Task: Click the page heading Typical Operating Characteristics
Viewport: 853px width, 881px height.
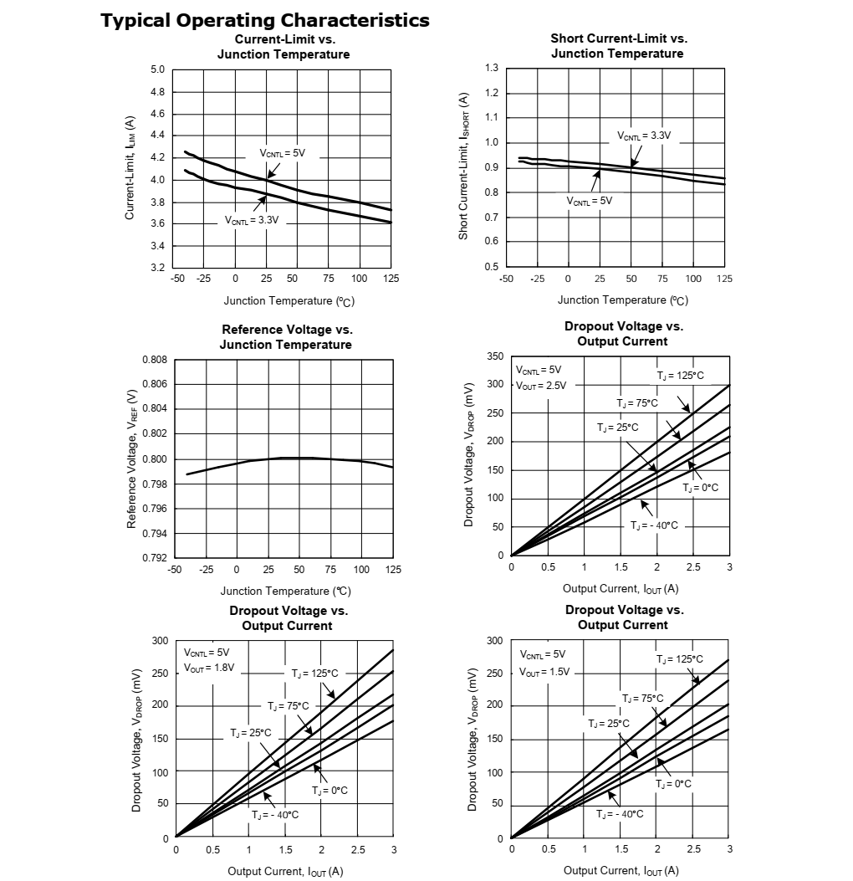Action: click(x=265, y=20)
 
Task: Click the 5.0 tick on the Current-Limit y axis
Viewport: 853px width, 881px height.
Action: click(x=157, y=69)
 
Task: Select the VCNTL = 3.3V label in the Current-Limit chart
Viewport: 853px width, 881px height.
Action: click(x=252, y=220)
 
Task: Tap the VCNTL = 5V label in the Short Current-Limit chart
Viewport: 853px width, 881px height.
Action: click(x=590, y=201)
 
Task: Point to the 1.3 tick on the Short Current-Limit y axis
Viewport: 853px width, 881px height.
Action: click(x=491, y=68)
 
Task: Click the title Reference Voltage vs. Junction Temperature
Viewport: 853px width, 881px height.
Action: click(x=286, y=337)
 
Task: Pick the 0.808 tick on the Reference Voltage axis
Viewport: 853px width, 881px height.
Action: click(x=155, y=360)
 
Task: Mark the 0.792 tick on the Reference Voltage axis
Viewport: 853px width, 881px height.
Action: click(x=155, y=558)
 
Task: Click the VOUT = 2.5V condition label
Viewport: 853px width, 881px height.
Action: click(x=541, y=386)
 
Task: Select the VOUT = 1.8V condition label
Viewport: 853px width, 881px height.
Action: click(x=209, y=668)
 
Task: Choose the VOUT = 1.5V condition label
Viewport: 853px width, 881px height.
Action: click(x=544, y=671)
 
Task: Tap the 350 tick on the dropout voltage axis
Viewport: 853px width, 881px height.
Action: click(x=495, y=356)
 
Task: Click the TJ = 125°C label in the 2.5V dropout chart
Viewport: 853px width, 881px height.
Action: click(x=680, y=376)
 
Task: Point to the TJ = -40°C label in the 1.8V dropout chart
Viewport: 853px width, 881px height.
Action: click(x=275, y=814)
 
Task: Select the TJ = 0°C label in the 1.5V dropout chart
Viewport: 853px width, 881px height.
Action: click(x=673, y=784)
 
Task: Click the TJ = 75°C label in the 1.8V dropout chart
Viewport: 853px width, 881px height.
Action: click(x=289, y=706)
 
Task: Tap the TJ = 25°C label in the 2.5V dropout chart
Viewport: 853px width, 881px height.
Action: click(x=618, y=428)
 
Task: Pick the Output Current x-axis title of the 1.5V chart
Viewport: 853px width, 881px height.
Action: click(x=621, y=871)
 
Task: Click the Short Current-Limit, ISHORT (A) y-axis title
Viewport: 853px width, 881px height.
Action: click(x=463, y=166)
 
